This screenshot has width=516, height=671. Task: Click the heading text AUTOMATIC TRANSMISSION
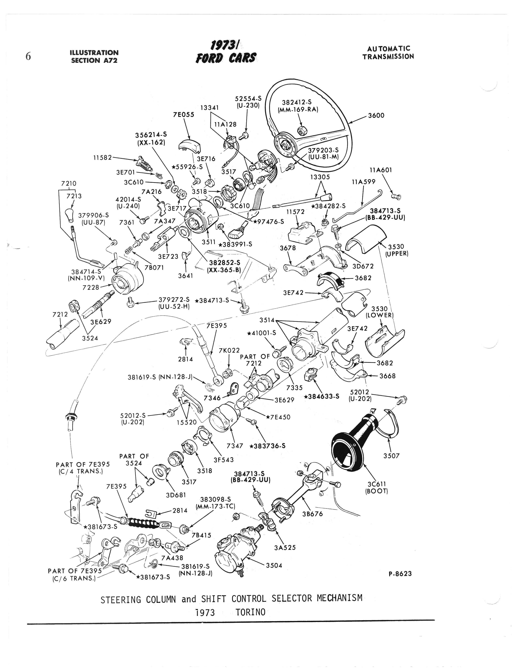(388, 52)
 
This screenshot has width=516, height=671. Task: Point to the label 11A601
(381, 170)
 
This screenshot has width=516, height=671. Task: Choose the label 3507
(391, 456)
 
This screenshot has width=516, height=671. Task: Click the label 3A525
(285, 547)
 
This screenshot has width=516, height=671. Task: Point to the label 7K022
(229, 350)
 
